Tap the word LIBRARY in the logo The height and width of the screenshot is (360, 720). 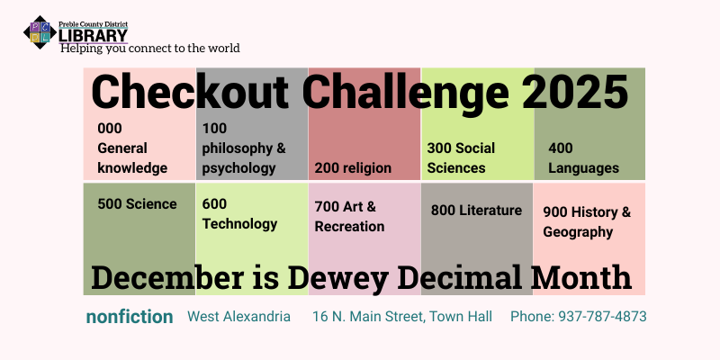click(93, 34)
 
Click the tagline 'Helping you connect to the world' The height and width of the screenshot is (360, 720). click(149, 48)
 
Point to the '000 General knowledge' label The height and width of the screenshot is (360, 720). click(132, 148)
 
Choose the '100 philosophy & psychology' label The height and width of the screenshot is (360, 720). click(244, 148)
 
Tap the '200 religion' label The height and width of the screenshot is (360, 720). click(353, 167)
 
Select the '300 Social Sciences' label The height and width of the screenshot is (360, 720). click(460, 157)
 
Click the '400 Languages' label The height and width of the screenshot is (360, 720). click(583, 157)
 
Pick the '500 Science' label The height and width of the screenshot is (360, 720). click(137, 204)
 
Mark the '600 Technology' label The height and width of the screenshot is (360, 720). click(239, 214)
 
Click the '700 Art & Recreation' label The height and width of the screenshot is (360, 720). click(349, 216)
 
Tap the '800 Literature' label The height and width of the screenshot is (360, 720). click(476, 211)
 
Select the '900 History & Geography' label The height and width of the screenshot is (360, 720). click(587, 221)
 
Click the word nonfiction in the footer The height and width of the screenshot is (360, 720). click(130, 317)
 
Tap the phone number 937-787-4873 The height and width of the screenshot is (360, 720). click(578, 317)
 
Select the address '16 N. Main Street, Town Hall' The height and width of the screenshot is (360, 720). click(400, 317)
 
